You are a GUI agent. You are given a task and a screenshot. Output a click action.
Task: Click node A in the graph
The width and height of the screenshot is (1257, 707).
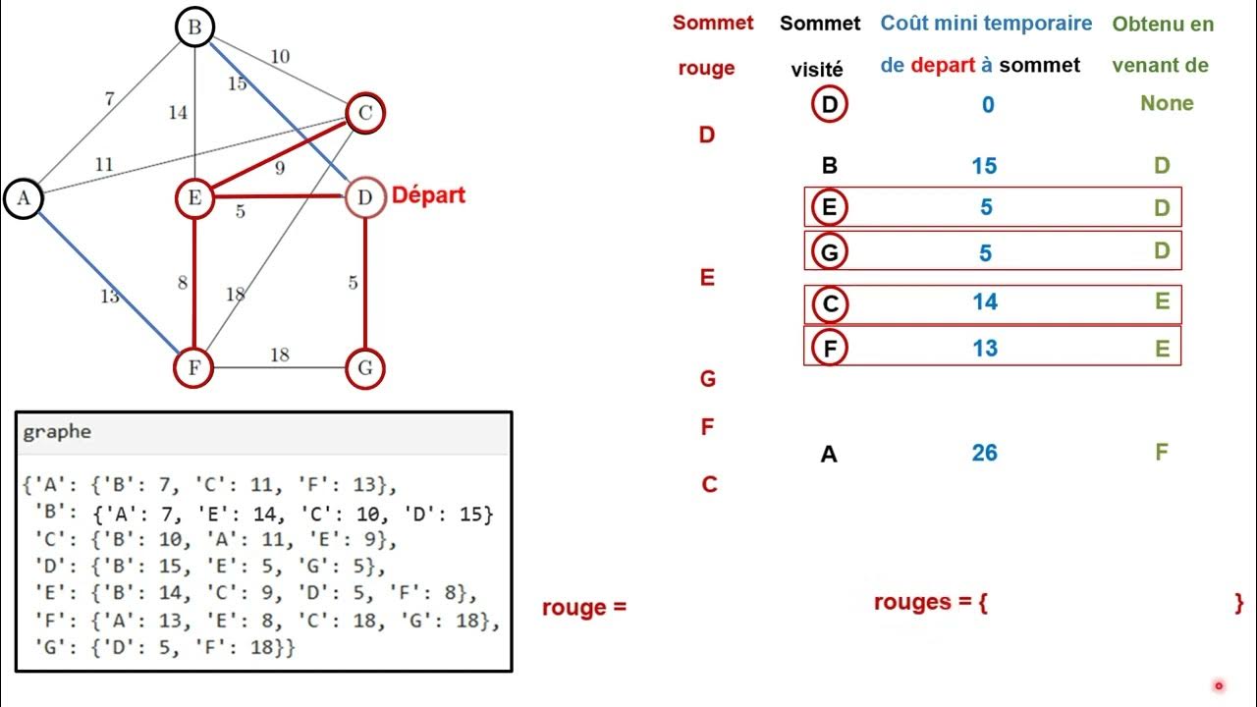[x=24, y=198]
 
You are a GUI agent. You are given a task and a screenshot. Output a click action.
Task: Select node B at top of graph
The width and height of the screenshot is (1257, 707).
[x=194, y=27]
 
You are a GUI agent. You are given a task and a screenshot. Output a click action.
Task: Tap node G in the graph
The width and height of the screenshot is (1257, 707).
[x=364, y=369]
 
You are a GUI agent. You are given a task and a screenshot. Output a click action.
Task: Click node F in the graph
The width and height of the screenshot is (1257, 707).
[x=194, y=369]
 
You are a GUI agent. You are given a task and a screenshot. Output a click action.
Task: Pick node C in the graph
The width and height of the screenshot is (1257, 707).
[x=364, y=114]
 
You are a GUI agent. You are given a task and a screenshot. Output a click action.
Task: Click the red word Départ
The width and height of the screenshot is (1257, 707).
[x=428, y=195]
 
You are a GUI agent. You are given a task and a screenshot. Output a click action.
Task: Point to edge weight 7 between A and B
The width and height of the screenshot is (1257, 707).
[x=109, y=99]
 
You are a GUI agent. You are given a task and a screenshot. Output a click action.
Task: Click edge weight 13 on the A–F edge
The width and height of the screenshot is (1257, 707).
[x=109, y=296]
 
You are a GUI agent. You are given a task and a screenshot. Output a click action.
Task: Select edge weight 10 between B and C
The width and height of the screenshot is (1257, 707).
[x=280, y=57]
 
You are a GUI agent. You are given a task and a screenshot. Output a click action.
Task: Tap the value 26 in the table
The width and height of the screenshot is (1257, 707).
[x=985, y=453]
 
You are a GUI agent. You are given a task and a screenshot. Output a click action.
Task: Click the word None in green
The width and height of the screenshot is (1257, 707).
[x=1167, y=104]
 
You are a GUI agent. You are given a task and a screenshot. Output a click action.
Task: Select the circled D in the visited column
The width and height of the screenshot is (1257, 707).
[x=830, y=104]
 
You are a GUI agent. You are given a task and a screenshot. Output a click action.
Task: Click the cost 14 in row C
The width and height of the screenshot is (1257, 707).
[x=985, y=302]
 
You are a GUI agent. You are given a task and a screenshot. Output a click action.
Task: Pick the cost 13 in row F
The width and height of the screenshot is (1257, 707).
[x=985, y=348]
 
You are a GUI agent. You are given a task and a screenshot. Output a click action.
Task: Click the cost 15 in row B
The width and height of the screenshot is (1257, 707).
[x=985, y=166]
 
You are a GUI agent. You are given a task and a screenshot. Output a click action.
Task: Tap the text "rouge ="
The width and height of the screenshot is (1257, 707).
[x=583, y=608]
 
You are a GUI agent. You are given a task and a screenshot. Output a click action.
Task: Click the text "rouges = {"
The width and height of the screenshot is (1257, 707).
[x=930, y=602]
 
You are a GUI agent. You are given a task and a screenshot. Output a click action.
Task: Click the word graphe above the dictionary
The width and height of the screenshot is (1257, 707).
[x=57, y=432]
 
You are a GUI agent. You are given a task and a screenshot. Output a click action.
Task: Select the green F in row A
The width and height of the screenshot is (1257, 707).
[x=1162, y=453]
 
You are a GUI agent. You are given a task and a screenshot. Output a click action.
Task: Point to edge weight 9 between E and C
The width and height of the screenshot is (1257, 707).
[x=280, y=169]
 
